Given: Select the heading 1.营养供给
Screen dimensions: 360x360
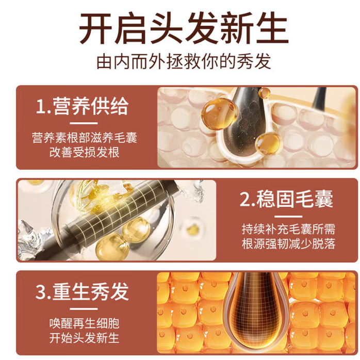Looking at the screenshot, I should click(x=83, y=107).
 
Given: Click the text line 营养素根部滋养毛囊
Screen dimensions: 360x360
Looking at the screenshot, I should click(x=84, y=138).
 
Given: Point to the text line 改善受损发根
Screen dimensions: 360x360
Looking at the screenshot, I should click(x=84, y=153).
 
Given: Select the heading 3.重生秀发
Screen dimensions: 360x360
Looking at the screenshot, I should click(x=83, y=292).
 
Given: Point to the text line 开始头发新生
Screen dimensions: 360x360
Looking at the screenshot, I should click(x=84, y=338).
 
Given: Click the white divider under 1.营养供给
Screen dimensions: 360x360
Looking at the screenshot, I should click(x=84, y=123).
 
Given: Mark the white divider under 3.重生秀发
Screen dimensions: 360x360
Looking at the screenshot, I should click(x=84, y=307).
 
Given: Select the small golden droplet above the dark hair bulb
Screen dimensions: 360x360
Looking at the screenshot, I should click(x=264, y=93).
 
